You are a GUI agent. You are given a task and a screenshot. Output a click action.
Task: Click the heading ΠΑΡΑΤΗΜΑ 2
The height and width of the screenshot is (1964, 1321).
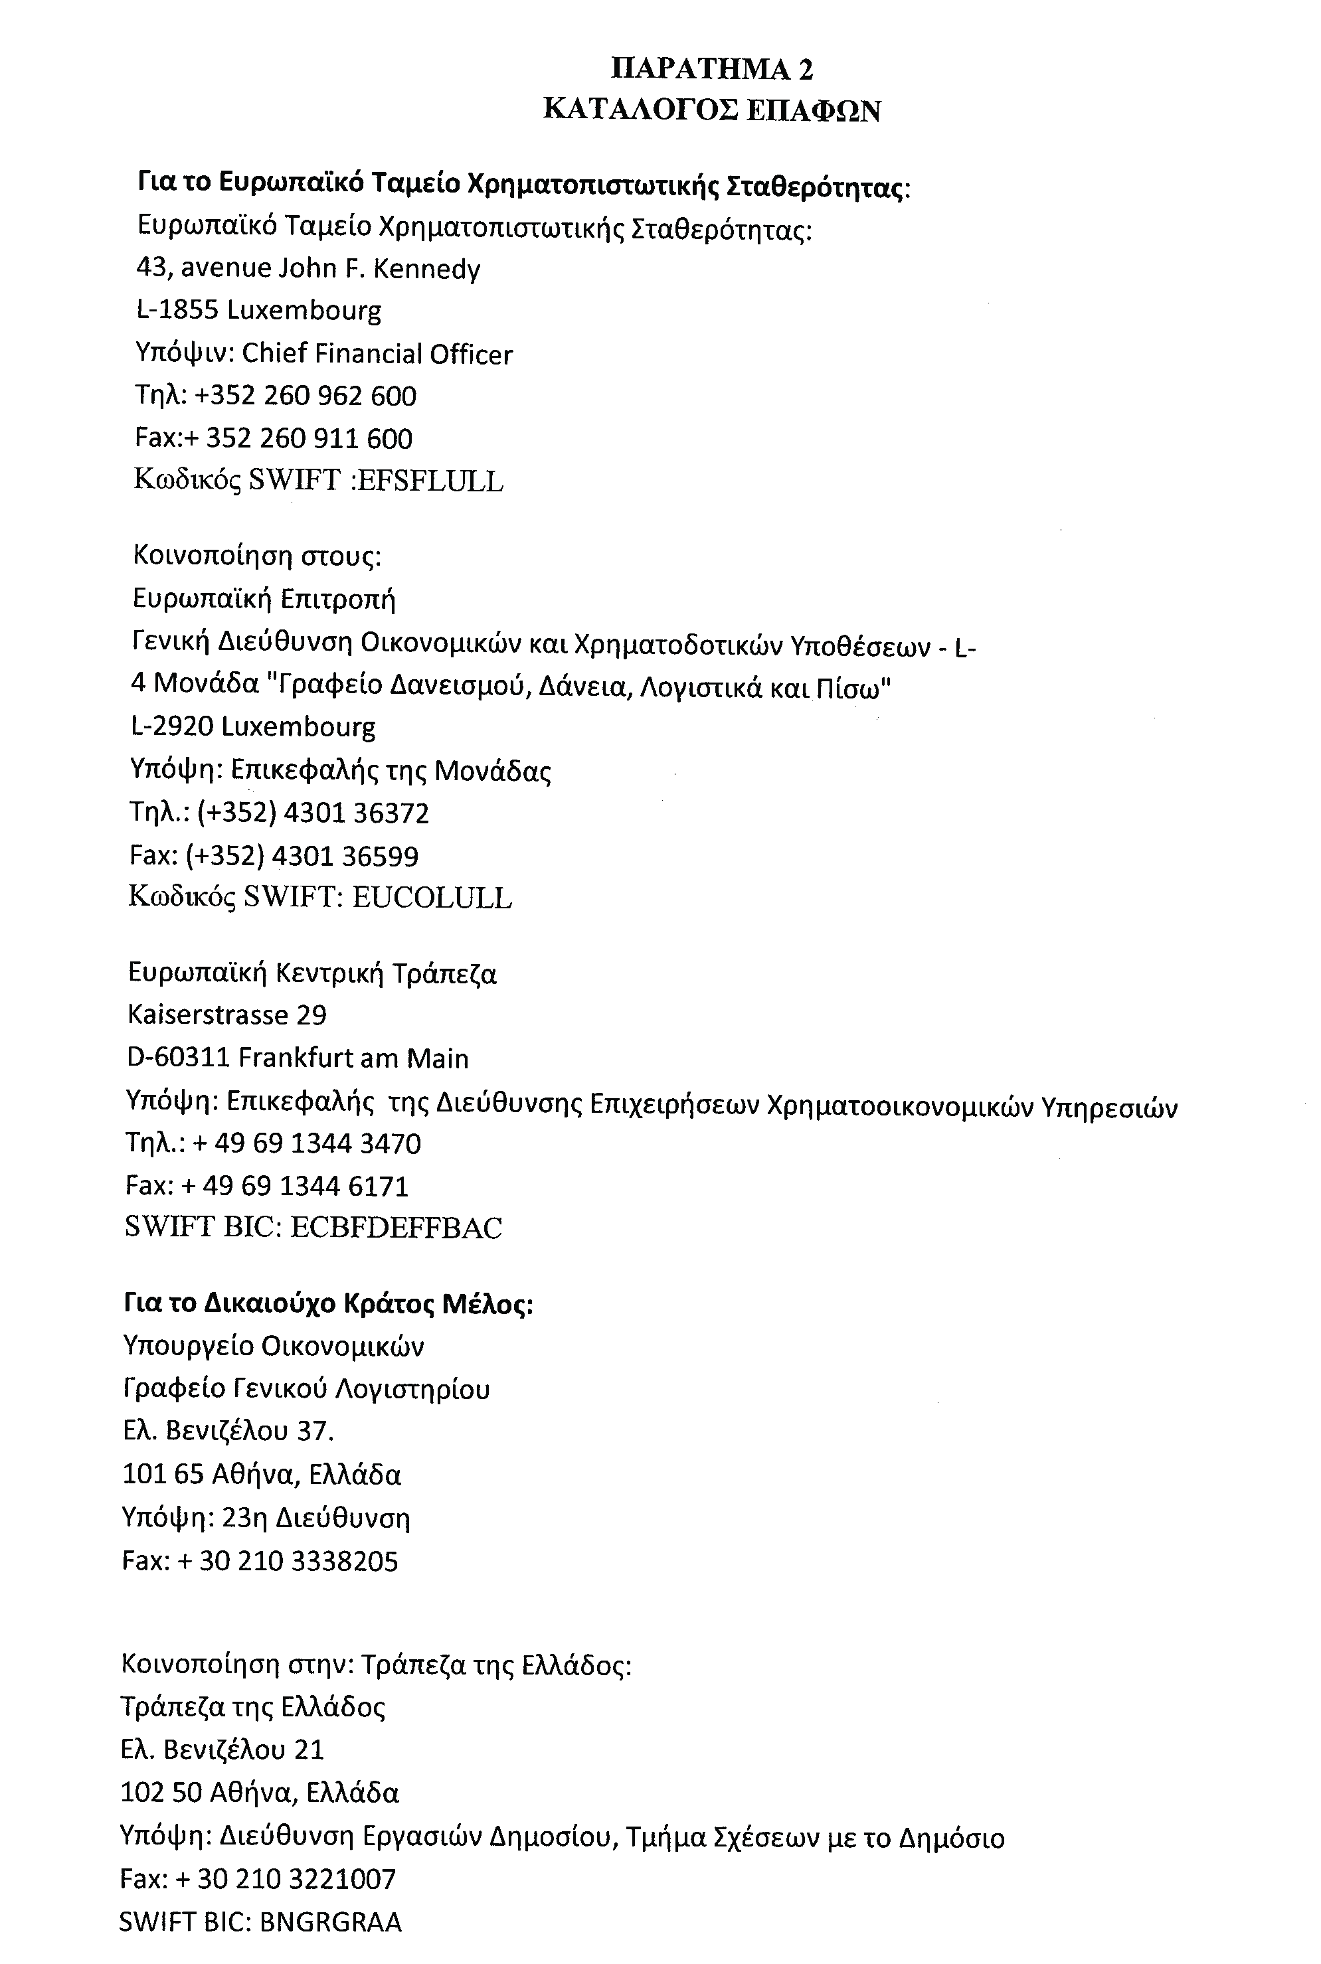[x=712, y=69]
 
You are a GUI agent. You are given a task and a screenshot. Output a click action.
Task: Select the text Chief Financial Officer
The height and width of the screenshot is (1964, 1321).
[x=377, y=354]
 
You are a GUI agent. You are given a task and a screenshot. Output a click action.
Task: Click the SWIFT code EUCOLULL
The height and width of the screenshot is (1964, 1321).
[x=431, y=898]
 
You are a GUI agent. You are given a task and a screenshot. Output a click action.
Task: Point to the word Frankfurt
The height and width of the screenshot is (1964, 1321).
[x=296, y=1058]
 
